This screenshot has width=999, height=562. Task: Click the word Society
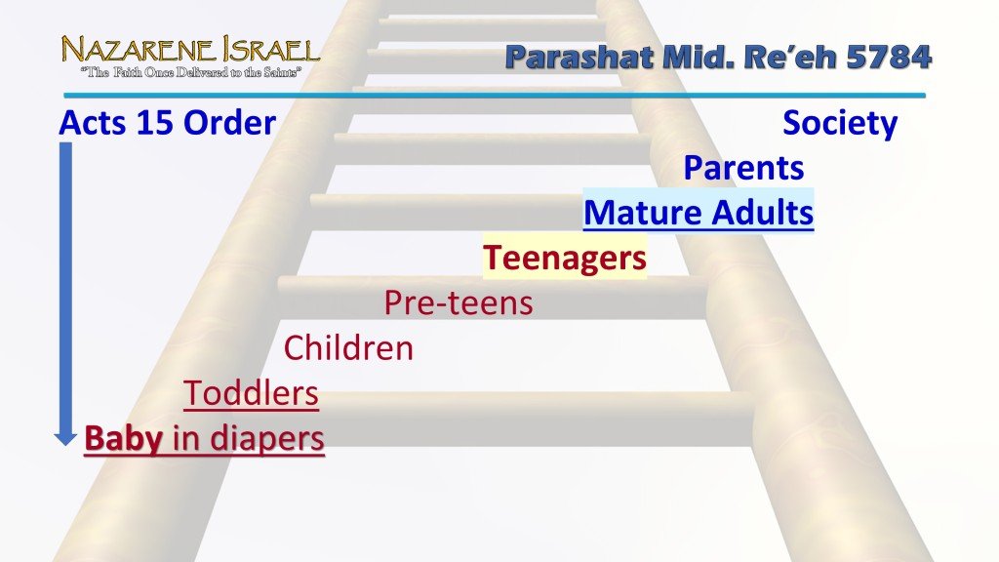pos(840,124)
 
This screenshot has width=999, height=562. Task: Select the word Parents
pos(743,168)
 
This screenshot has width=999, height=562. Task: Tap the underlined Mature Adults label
pos(698,213)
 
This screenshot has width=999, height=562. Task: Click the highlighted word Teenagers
pos(565,258)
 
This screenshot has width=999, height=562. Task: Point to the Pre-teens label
pos(459,302)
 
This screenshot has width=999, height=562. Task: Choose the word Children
pos(348,347)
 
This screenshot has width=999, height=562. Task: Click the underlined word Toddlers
pos(252,393)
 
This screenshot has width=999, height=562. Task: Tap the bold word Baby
pos(124,438)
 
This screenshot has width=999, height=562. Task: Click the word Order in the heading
pos(230,124)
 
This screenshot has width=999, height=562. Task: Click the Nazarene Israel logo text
pos(190,49)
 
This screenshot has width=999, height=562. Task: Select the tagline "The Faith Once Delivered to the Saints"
pos(190,71)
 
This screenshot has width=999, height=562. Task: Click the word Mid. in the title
pos(694,58)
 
